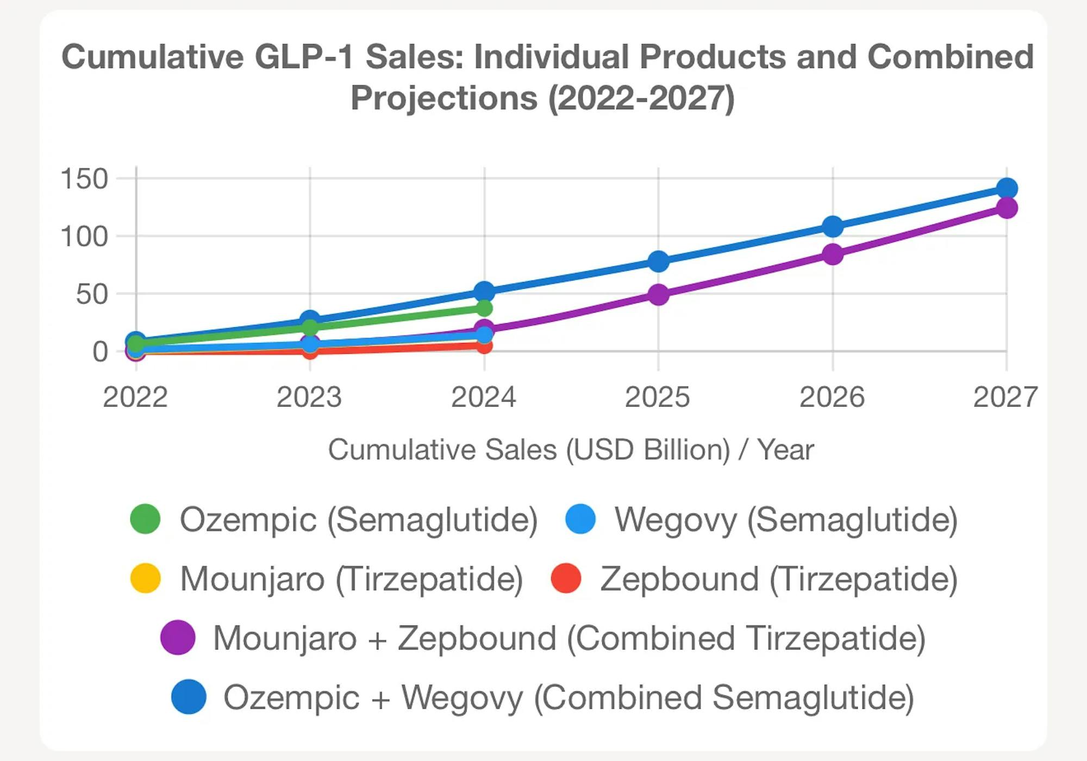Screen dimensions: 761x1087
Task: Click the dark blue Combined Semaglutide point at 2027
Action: click(x=1007, y=189)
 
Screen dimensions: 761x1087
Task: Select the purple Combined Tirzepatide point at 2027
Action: click(x=1007, y=208)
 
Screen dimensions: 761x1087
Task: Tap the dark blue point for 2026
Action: click(x=832, y=227)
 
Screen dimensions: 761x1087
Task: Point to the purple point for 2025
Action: click(x=658, y=295)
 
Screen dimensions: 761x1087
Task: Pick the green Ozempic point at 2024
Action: click(x=484, y=308)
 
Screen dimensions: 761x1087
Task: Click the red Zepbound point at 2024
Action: click(x=484, y=345)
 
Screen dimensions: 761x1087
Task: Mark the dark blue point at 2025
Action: click(x=658, y=261)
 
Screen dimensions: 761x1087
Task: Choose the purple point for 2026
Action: click(x=832, y=254)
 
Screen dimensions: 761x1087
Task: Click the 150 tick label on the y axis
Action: click(x=85, y=179)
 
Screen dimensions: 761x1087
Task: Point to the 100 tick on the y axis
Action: click(x=85, y=237)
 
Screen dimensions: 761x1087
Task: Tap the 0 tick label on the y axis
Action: click(x=100, y=352)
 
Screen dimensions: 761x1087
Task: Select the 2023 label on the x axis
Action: click(x=309, y=397)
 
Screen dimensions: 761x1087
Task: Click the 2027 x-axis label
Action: click(x=1005, y=397)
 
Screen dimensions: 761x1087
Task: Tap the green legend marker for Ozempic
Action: click(x=145, y=519)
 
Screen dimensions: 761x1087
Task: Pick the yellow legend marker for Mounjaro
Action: click(x=145, y=578)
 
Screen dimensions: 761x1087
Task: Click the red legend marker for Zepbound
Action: click(x=566, y=578)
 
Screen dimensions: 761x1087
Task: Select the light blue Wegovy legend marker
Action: click(x=580, y=519)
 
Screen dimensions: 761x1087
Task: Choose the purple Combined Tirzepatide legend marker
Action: click(x=178, y=637)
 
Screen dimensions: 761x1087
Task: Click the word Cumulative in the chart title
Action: click(x=153, y=57)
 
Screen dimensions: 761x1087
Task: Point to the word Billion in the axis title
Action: click(x=686, y=450)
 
